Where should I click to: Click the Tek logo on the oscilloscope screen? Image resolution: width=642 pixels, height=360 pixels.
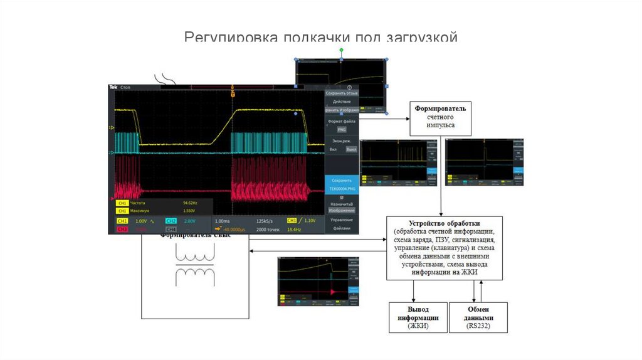tap(114, 87)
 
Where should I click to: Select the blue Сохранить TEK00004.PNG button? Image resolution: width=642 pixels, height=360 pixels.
tap(342, 183)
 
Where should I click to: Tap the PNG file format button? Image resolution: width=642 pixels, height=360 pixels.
tap(342, 129)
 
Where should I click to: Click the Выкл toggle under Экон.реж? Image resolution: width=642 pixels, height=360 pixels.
tap(351, 149)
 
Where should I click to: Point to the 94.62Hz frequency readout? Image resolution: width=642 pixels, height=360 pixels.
tap(190, 203)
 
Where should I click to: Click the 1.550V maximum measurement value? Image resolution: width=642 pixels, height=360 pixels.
tap(190, 211)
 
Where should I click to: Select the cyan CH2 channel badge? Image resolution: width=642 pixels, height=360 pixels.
tap(171, 221)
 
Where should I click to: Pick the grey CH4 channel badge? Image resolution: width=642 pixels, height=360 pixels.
tap(171, 230)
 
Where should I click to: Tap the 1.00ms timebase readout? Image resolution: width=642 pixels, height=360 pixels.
tap(223, 221)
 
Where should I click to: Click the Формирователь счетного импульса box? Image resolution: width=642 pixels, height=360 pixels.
tap(440, 117)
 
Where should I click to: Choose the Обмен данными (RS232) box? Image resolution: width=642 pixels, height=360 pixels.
tap(478, 317)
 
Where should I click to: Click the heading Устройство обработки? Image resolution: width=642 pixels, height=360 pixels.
tap(444, 223)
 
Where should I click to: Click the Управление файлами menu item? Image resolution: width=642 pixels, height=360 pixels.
tap(342, 224)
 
